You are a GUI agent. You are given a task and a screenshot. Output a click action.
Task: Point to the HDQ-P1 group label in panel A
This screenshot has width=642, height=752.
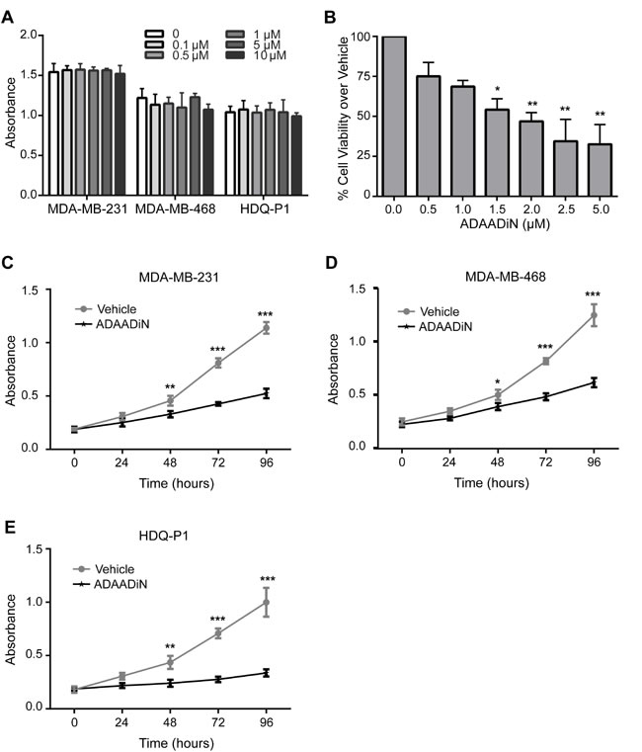[272, 210]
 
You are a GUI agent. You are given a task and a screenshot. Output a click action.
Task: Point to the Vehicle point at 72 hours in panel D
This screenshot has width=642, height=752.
[545, 361]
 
